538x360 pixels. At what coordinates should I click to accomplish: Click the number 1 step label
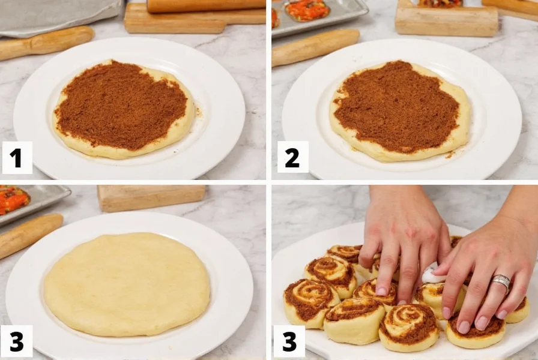pyautogui.click(x=16, y=158)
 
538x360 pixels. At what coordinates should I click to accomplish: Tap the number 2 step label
pyautogui.click(x=292, y=157)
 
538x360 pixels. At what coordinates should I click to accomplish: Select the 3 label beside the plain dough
pyautogui.click(x=16, y=341)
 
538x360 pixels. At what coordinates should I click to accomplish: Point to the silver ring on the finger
pyautogui.click(x=501, y=282)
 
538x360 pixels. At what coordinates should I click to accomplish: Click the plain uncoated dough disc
pyautogui.click(x=127, y=283)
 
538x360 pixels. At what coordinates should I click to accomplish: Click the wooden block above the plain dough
pyautogui.click(x=151, y=197)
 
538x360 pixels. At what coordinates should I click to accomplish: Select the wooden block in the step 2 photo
pyautogui.click(x=446, y=21)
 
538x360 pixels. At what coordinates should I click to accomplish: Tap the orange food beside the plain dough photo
pyautogui.click(x=13, y=200)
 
